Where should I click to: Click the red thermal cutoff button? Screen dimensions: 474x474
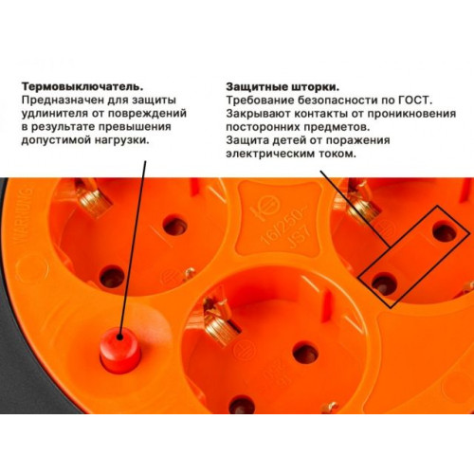point(119,350)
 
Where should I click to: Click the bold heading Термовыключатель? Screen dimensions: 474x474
point(82,86)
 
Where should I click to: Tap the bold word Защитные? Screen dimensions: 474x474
point(256,87)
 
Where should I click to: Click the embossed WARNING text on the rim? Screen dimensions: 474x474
point(24,218)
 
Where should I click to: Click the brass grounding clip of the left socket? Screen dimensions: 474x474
point(93,197)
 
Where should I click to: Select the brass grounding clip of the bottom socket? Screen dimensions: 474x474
point(219,320)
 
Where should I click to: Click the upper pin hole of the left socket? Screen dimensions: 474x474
point(174,226)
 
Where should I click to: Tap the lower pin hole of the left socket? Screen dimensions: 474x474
point(112,277)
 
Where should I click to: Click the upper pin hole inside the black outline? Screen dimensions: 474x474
point(445,231)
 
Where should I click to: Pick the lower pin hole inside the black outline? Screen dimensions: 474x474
point(384,283)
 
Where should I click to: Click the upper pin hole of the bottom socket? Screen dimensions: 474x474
point(305,352)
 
